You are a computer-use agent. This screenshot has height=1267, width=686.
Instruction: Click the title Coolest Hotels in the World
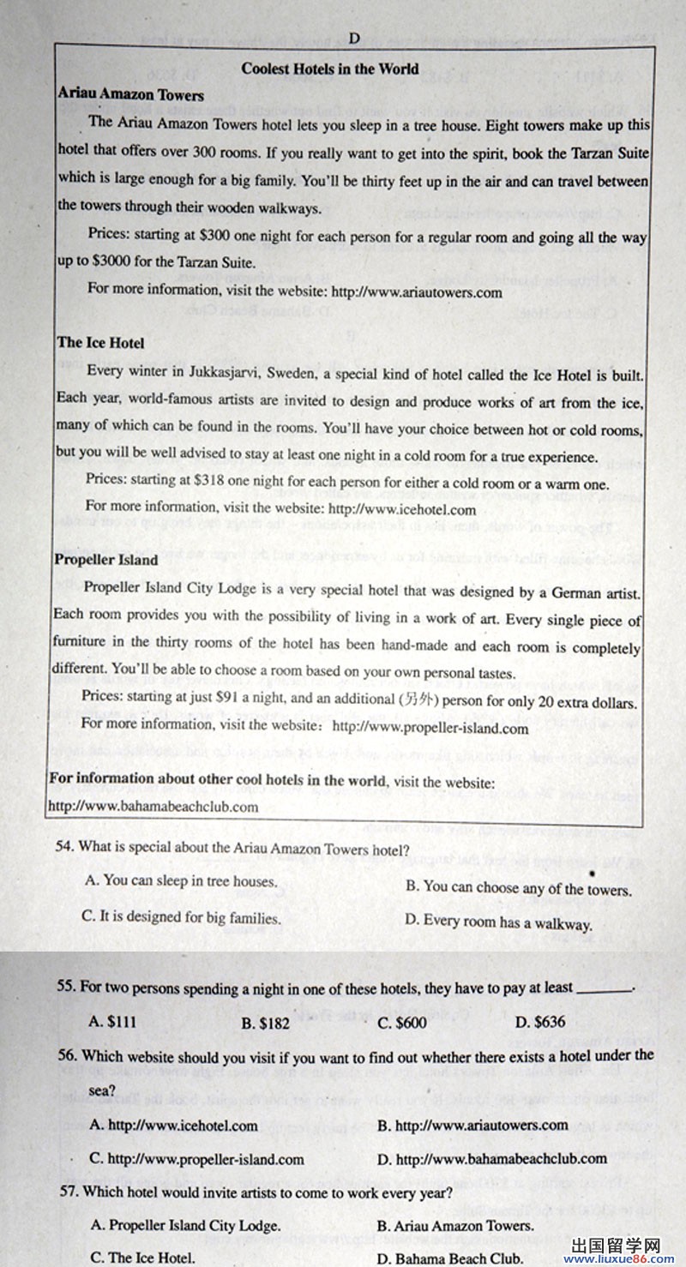(x=330, y=69)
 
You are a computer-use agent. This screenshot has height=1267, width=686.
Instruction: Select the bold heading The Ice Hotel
(x=100, y=343)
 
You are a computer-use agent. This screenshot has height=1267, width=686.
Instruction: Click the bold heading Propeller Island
(x=106, y=560)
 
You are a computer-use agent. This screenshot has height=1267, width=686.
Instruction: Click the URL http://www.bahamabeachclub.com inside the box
(x=154, y=807)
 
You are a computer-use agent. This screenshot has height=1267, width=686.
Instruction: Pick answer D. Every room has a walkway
(x=498, y=923)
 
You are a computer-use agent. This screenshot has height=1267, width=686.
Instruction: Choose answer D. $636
(x=539, y=1022)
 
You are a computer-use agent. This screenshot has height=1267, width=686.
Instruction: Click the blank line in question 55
(x=605, y=988)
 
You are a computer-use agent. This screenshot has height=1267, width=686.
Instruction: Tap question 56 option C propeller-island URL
(x=196, y=1159)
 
